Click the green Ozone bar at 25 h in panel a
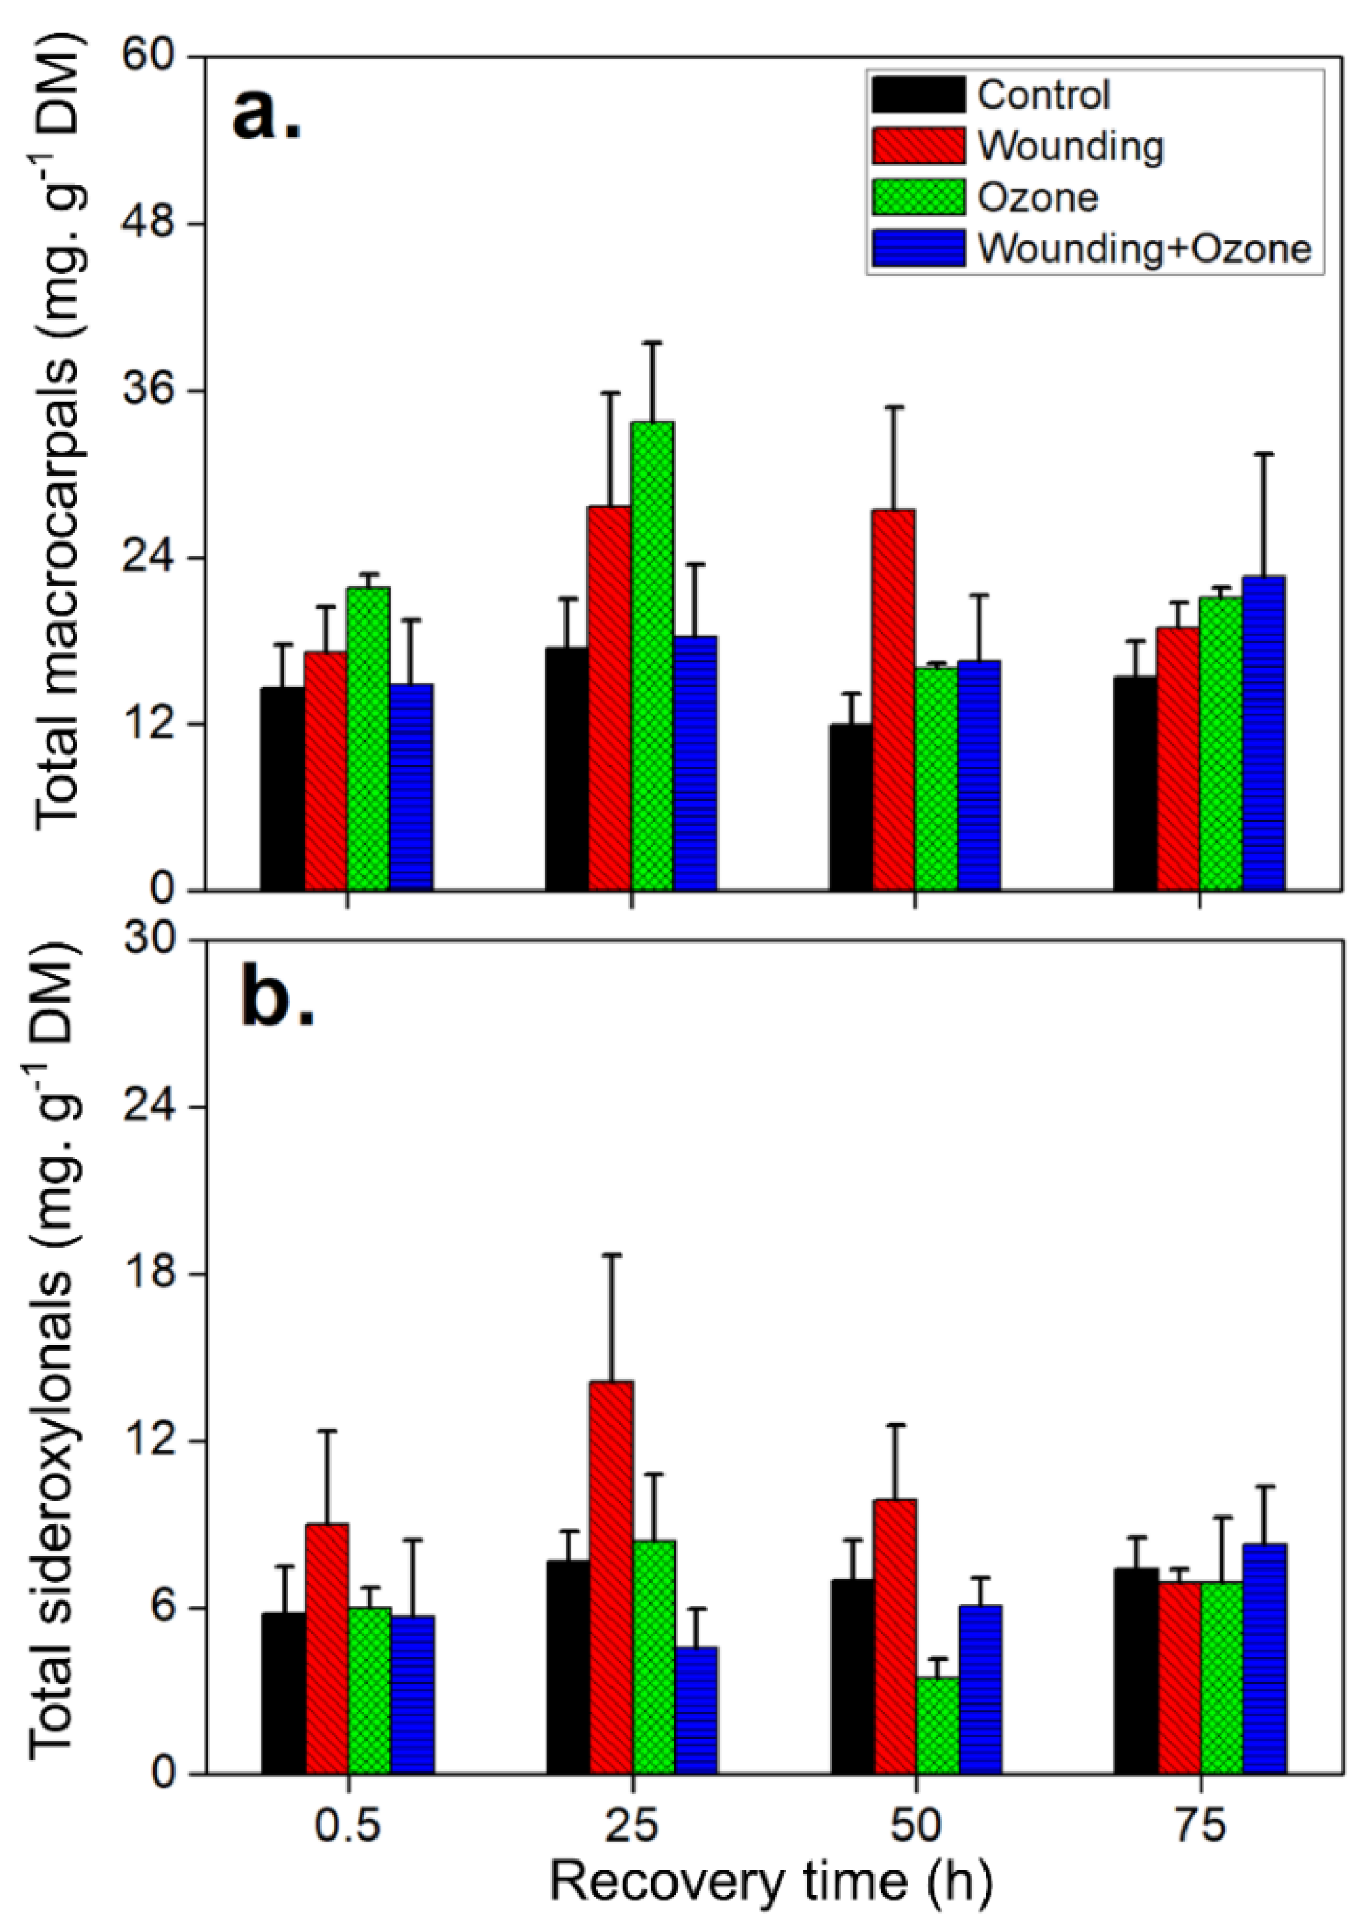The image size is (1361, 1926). click(x=652, y=655)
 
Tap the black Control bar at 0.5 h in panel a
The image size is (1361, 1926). click(x=283, y=788)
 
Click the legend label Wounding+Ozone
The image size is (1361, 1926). click(x=1144, y=249)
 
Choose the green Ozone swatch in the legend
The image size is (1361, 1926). click(x=918, y=197)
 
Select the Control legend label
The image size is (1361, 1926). click(x=1043, y=95)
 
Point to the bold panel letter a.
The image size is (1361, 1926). click(x=267, y=113)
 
